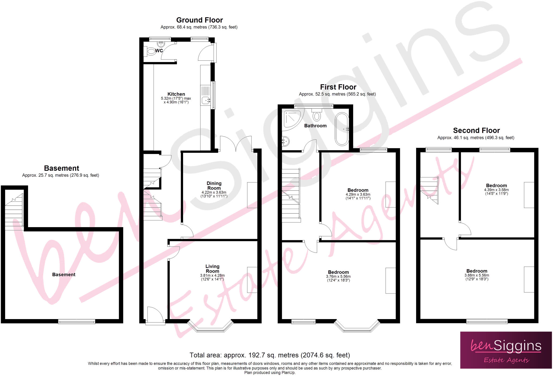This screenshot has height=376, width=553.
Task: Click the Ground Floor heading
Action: tap(199, 20)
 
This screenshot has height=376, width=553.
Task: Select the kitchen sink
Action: tap(206, 100)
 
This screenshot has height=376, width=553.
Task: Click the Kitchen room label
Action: tap(176, 94)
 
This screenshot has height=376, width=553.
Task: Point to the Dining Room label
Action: tap(214, 186)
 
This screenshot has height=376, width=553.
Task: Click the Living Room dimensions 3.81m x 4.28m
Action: tap(212, 275)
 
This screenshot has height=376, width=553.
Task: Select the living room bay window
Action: tap(210, 327)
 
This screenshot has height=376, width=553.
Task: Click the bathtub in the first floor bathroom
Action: tap(342, 129)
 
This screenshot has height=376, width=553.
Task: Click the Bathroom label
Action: tap(315, 126)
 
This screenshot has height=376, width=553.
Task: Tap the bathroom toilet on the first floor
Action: tap(317, 115)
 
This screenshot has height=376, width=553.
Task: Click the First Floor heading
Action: tap(338, 87)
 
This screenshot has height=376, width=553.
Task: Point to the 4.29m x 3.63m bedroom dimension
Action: tap(358, 194)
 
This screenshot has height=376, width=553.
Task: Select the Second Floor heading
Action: tap(476, 131)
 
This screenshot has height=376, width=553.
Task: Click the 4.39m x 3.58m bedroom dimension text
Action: tap(496, 190)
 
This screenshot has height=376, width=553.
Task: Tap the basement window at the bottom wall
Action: tap(77, 321)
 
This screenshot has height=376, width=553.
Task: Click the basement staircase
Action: tap(14, 213)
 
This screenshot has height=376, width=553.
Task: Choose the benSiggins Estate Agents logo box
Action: tap(506, 350)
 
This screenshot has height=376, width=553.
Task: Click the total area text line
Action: tap(269, 355)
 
